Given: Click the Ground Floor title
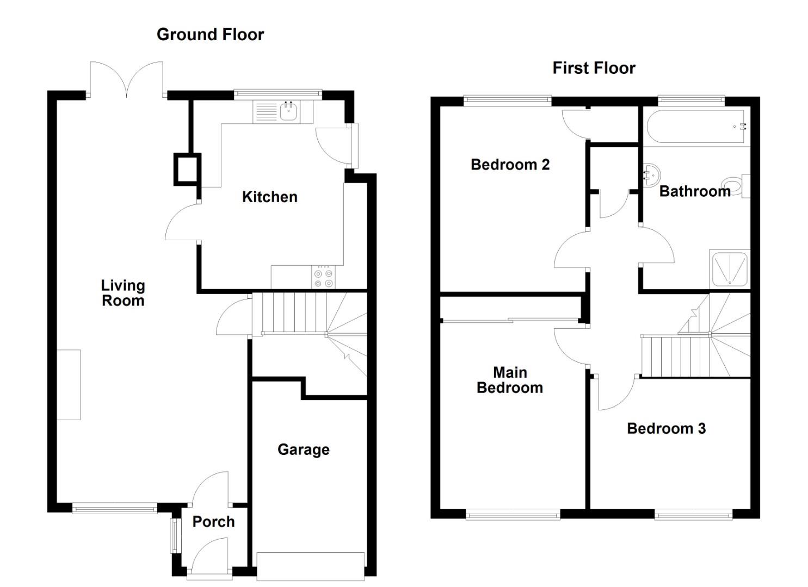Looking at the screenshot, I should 210,35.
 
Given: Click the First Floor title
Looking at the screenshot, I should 594,68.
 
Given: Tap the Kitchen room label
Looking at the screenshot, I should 269,197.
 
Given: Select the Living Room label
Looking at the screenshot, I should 123,293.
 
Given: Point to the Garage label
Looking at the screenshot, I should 303,449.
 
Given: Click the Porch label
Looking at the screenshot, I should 213,522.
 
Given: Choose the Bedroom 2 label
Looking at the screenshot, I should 510,165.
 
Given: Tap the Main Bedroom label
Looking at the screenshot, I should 510,380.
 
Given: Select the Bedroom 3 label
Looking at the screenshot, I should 666,428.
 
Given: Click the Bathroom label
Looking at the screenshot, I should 694,191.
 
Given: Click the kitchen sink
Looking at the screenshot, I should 288,113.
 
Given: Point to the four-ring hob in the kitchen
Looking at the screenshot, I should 323,277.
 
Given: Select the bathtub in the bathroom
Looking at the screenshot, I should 695,127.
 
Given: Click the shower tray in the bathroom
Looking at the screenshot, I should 729,269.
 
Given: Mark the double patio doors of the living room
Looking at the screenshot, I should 126,80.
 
